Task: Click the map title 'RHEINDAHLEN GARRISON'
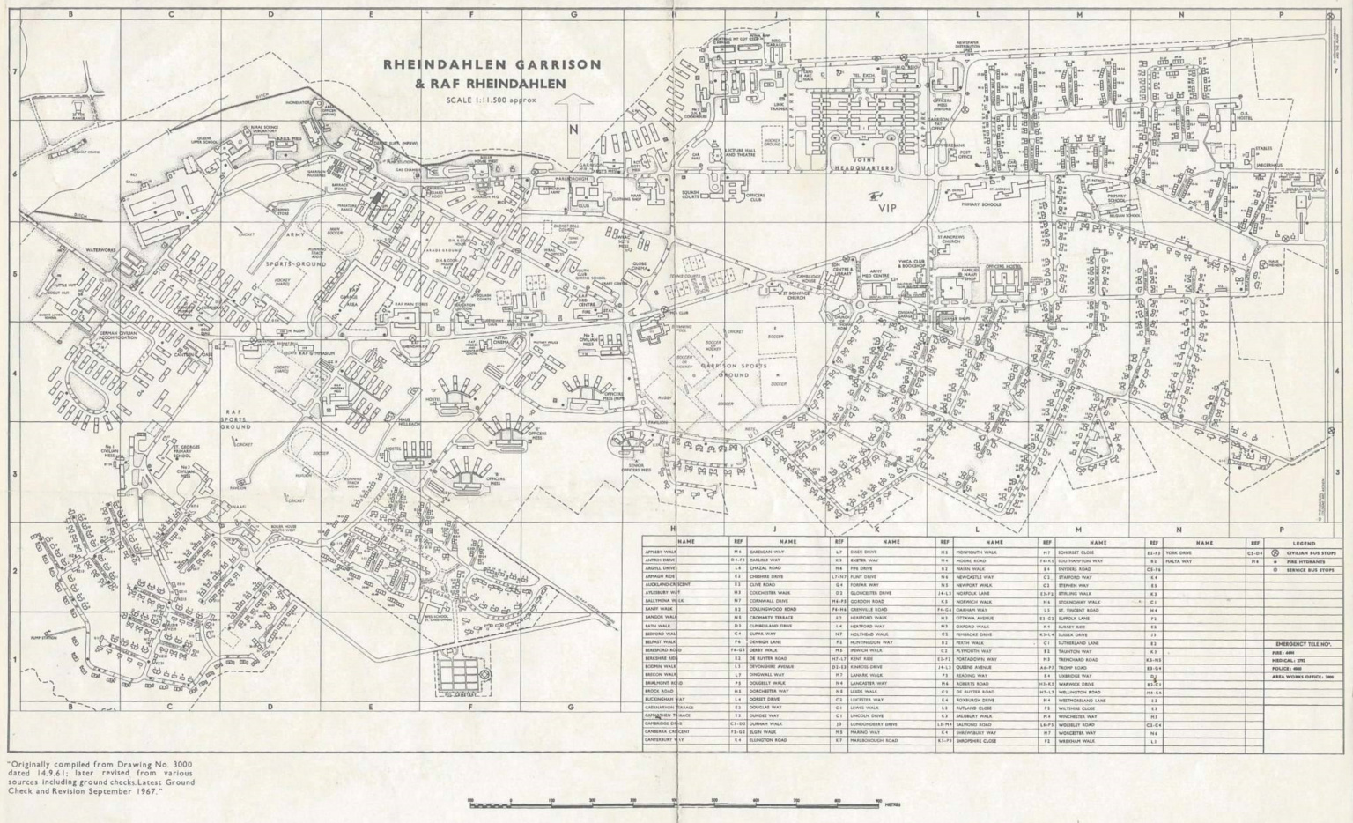492,64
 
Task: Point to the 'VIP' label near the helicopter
886,209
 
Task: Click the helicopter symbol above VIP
875,196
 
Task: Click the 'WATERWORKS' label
101,251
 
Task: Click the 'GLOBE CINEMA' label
640,266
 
